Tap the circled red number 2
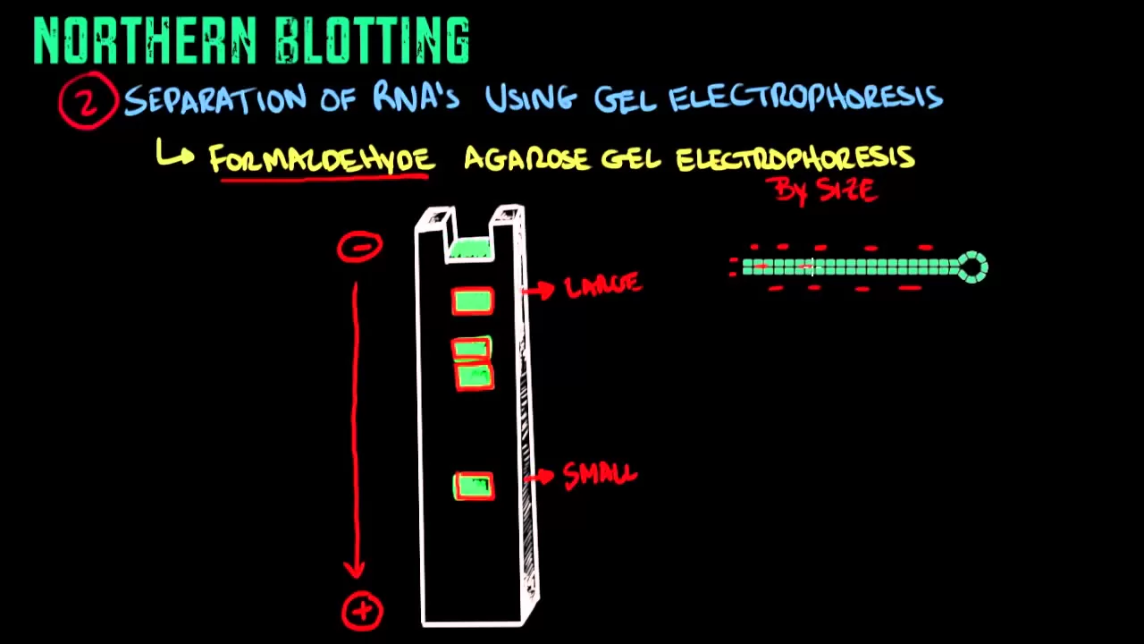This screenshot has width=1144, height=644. pyautogui.click(x=88, y=101)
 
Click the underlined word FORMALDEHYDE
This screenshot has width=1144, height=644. pyautogui.click(x=322, y=159)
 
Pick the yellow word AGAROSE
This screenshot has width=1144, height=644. pyautogui.click(x=528, y=159)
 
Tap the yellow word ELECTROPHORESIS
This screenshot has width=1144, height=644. pyautogui.click(x=795, y=159)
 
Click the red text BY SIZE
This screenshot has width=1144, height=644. pyautogui.click(x=826, y=190)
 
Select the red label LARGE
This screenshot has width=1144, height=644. pyautogui.click(x=603, y=286)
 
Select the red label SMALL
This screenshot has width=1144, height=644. pyautogui.click(x=600, y=475)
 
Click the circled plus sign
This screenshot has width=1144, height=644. pyautogui.click(x=362, y=611)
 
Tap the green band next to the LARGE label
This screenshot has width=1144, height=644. pyautogui.click(x=473, y=302)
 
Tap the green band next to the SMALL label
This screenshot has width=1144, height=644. pyautogui.click(x=474, y=487)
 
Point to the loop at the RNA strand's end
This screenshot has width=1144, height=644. pyautogui.click(x=972, y=267)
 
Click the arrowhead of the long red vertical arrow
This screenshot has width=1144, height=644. pyautogui.click(x=356, y=569)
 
